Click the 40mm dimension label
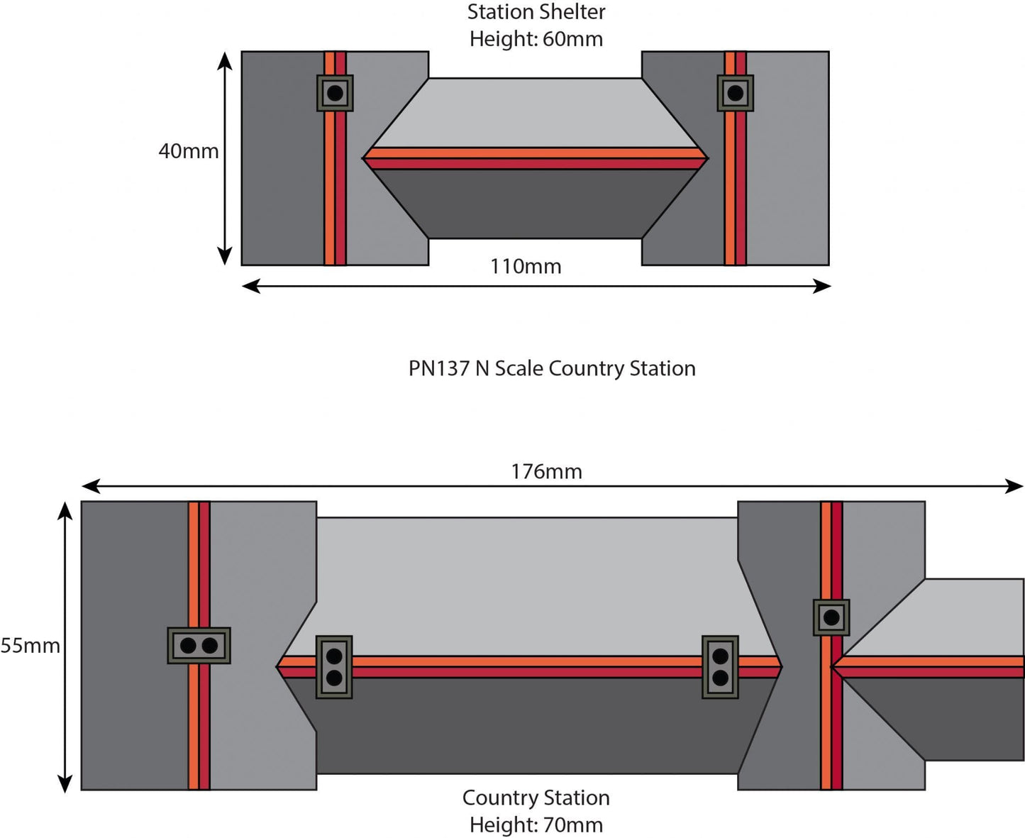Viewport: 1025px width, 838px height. (188, 151)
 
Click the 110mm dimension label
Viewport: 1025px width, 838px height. (526, 267)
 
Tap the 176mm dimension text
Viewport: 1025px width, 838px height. (546, 472)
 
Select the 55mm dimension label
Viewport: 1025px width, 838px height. (31, 646)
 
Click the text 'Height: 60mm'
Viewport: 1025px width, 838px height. (536, 39)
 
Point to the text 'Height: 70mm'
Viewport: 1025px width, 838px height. (536, 825)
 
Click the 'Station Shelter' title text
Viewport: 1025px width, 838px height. (536, 12)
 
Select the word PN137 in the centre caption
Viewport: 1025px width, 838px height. (438, 369)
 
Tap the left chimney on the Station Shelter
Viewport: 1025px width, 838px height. (335, 93)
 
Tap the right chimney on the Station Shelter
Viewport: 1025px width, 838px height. (735, 93)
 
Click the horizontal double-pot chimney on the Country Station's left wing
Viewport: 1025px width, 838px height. (199, 646)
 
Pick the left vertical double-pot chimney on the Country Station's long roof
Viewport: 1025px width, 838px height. (334, 667)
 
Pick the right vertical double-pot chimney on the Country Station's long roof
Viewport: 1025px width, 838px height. (720, 667)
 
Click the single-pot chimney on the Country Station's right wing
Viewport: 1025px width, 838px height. (831, 617)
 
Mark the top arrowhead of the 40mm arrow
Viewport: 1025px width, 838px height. (225, 58)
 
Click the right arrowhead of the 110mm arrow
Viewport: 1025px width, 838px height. (824, 286)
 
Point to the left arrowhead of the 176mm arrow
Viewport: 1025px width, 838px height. (88, 486)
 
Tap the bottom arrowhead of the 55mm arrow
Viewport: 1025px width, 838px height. (65, 785)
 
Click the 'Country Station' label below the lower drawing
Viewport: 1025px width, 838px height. (536, 798)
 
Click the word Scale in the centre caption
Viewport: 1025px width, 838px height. (519, 369)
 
